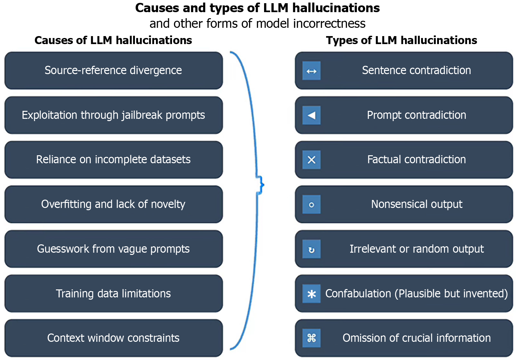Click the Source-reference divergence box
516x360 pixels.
113,70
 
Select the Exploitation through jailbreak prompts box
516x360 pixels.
113,115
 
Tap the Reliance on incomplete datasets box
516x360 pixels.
113,159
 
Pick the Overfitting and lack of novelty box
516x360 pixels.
113,204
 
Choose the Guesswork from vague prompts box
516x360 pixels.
113,249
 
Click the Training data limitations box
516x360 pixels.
113,294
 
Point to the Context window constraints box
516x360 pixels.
113,338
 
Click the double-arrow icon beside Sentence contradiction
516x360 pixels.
311,71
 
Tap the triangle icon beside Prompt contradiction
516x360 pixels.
311,115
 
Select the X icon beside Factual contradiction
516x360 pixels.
311,160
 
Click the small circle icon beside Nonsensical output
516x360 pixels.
311,204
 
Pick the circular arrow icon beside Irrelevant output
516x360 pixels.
311,249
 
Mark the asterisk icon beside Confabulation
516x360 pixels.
311,294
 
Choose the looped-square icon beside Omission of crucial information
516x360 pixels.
311,338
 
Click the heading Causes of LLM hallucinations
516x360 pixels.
113,40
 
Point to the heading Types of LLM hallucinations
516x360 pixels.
401,40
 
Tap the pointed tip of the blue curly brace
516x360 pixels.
263,185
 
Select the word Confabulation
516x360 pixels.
358,294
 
